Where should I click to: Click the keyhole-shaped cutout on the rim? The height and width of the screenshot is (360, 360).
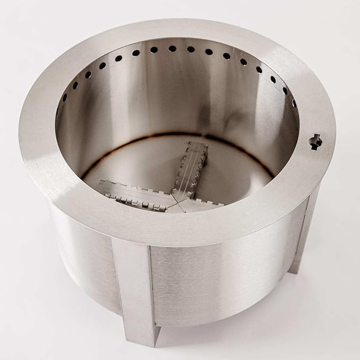315,141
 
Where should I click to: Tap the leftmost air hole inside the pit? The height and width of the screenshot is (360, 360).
65,98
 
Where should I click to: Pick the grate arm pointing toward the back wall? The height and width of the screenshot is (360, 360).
191,164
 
